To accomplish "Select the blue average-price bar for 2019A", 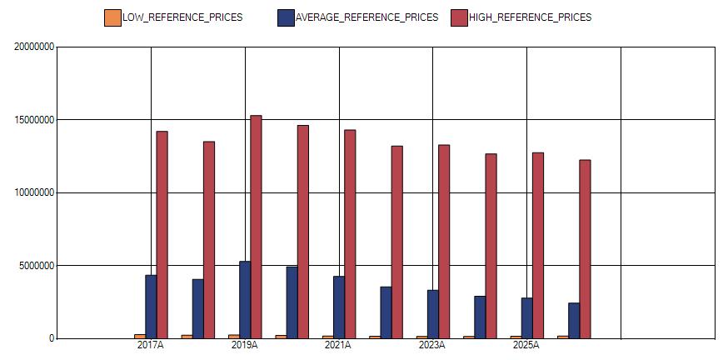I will tap(245, 300).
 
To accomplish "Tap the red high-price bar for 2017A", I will tap(162, 234).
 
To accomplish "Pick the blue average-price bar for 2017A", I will tap(151, 307).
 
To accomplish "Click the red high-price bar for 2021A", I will tap(350, 233).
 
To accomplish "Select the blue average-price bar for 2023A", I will tap(432, 314).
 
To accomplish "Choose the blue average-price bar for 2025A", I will tap(526, 317).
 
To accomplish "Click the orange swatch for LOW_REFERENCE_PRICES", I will tap(112, 17).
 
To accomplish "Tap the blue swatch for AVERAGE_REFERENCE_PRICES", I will tap(286, 17).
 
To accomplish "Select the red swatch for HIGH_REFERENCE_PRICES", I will tap(460, 17).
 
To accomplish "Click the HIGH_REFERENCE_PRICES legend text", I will tap(531, 17).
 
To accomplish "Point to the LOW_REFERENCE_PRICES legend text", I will tap(182, 17).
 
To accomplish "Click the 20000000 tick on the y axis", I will tap(34, 47).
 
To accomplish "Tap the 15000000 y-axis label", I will tap(34, 120).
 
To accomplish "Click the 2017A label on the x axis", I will tap(150, 345).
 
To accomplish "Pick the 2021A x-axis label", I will tap(338, 345).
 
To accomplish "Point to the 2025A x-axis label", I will tap(526, 345).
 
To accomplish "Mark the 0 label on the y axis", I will tap(51, 338).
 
